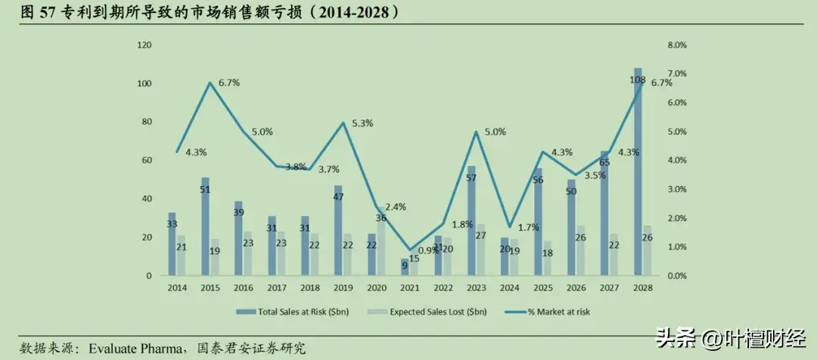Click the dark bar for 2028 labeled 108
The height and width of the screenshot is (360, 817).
pyautogui.click(x=638, y=174)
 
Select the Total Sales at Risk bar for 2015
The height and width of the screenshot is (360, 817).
pyautogui.click(x=205, y=227)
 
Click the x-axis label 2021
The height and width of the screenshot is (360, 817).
pyautogui.click(x=409, y=288)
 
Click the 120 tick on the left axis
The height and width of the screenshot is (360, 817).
pyautogui.click(x=144, y=45)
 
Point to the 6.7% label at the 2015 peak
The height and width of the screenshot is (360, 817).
pyautogui.click(x=229, y=82)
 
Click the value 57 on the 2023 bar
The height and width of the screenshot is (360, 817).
pyautogui.click(x=471, y=178)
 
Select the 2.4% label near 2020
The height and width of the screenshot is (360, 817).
pyautogui.click(x=396, y=206)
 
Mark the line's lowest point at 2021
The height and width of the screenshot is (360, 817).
pyautogui.click(x=409, y=250)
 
